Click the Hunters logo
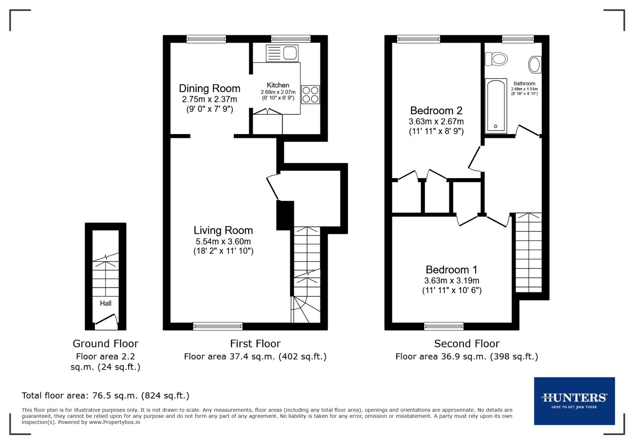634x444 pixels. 574,400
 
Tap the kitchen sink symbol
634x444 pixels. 282,53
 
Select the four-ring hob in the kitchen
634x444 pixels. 310,94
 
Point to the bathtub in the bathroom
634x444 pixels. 496,106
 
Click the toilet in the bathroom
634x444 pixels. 496,59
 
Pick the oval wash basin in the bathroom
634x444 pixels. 534,65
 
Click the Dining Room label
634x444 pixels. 209,88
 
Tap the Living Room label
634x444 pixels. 223,230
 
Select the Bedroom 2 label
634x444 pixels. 436,111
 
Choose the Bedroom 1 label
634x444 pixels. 451,270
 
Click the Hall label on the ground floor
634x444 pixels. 106,303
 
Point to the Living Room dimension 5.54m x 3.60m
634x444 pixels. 223,241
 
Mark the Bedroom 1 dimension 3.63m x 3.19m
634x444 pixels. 451,281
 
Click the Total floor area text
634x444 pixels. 106,395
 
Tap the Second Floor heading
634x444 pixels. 466,344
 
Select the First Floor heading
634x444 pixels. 255,344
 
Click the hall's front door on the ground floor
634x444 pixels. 105,321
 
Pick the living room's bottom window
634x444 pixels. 218,326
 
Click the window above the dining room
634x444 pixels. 206,39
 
